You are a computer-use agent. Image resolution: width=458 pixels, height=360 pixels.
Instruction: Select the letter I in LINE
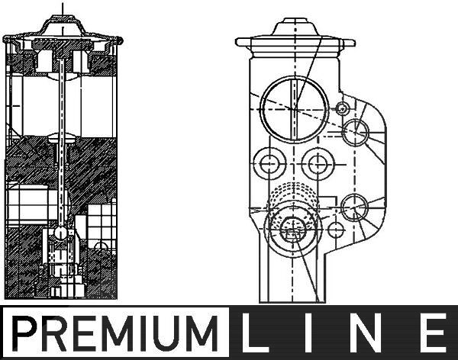[x=309, y=333]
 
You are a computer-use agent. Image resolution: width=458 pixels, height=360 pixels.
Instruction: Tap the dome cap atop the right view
[x=295, y=27]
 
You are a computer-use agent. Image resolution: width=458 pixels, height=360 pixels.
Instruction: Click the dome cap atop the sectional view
[x=63, y=24]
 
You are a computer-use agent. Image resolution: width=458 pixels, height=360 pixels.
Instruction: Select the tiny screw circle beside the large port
[x=341, y=108]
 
